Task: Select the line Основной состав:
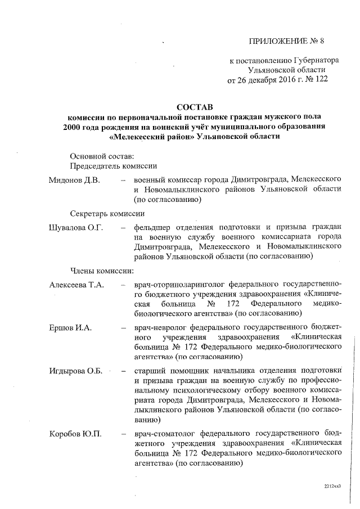pyautogui.click(x=102, y=155)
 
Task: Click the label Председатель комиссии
pyautogui.click(x=113, y=166)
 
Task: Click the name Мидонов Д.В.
pyautogui.click(x=74, y=180)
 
